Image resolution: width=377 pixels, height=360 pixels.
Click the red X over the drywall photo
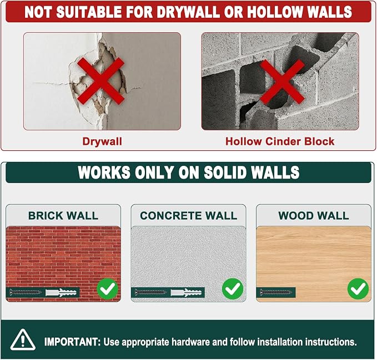click(x=101, y=81)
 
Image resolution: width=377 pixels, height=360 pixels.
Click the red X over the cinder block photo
click(x=283, y=82)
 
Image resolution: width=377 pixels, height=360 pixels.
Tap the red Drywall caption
click(x=102, y=141)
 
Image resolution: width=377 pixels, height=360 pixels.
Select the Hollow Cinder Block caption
click(x=280, y=141)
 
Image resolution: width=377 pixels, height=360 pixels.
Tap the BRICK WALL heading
click(x=63, y=215)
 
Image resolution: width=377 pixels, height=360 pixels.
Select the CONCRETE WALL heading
click(x=189, y=215)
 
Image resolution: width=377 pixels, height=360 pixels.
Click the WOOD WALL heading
click(x=314, y=215)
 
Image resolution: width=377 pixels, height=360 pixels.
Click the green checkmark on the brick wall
click(x=108, y=288)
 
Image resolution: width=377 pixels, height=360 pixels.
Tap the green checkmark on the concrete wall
click(x=233, y=288)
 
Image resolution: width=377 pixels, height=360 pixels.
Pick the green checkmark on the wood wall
click(x=358, y=288)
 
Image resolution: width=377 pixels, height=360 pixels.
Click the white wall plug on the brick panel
click(x=61, y=292)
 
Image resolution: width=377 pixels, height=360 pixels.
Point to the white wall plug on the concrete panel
click(x=186, y=292)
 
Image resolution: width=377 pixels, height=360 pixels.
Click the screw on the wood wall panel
click(x=276, y=292)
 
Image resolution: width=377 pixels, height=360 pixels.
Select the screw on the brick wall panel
click(x=25, y=292)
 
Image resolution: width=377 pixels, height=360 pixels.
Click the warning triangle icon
click(x=23, y=339)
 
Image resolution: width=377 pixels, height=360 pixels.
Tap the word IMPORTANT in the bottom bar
click(x=72, y=342)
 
